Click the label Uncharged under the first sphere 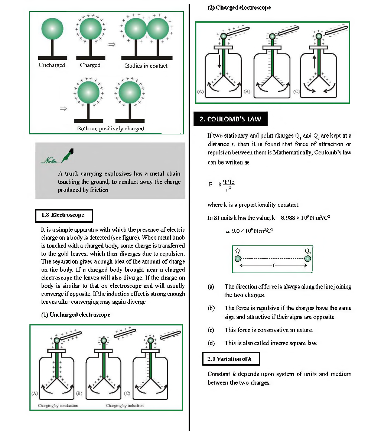coord(52,65)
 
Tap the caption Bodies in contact coord(146,66)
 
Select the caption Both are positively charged coord(110,128)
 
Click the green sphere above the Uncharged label coord(52,29)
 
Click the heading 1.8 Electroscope coord(63,215)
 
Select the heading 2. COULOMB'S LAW coord(230,119)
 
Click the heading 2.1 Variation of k coord(231,359)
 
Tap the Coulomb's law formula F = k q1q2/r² coord(221,185)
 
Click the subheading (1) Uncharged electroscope coord(76,314)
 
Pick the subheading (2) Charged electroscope coord(239,7)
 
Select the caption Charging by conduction coord(58,405)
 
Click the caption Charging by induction coord(125,405)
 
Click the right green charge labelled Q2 coord(307,258)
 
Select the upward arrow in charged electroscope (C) coord(314,61)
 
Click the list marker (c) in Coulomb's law coord(211,330)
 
